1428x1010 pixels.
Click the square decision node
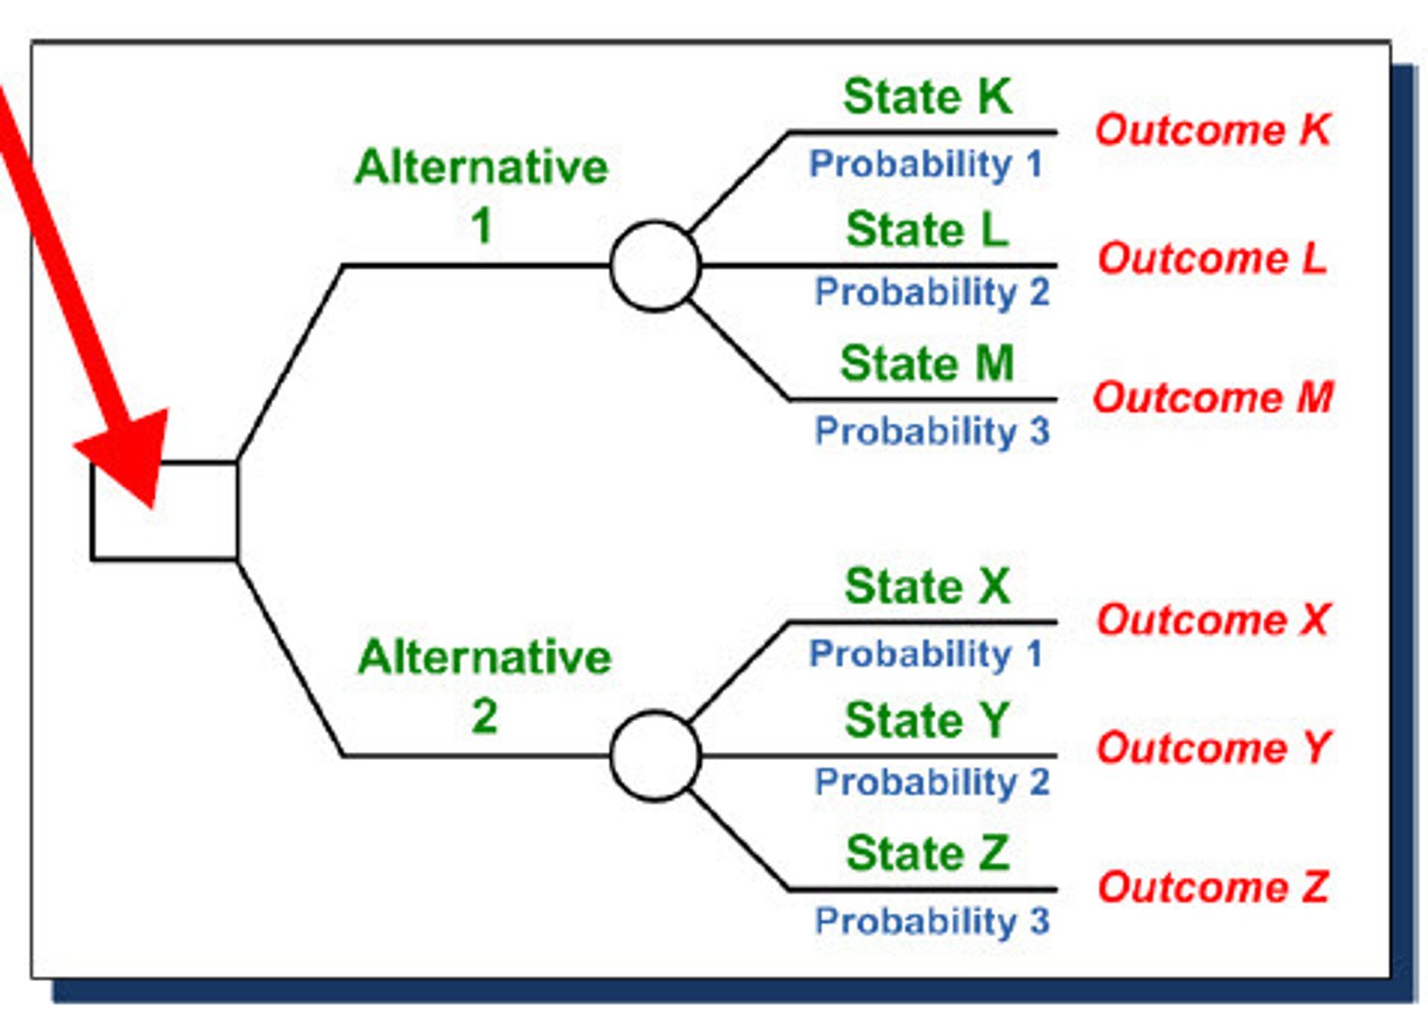point(165,511)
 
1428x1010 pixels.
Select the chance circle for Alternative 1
point(655,266)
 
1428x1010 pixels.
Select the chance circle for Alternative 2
point(655,756)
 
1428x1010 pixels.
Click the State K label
point(927,97)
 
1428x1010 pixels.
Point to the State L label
point(927,230)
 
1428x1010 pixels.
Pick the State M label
point(927,363)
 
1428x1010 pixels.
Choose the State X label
point(927,586)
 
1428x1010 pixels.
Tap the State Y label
point(927,720)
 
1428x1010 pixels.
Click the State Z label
point(927,853)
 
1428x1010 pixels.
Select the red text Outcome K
point(1213,130)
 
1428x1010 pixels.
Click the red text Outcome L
point(1212,259)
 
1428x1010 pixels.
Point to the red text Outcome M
point(1213,398)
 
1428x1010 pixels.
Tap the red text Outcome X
point(1213,620)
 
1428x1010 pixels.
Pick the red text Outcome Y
point(1213,748)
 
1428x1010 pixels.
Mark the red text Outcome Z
point(1213,887)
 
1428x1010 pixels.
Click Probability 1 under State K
point(925,164)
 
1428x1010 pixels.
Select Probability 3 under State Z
point(931,921)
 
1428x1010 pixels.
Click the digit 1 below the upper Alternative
point(482,226)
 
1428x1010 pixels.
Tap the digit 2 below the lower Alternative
point(484,716)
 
